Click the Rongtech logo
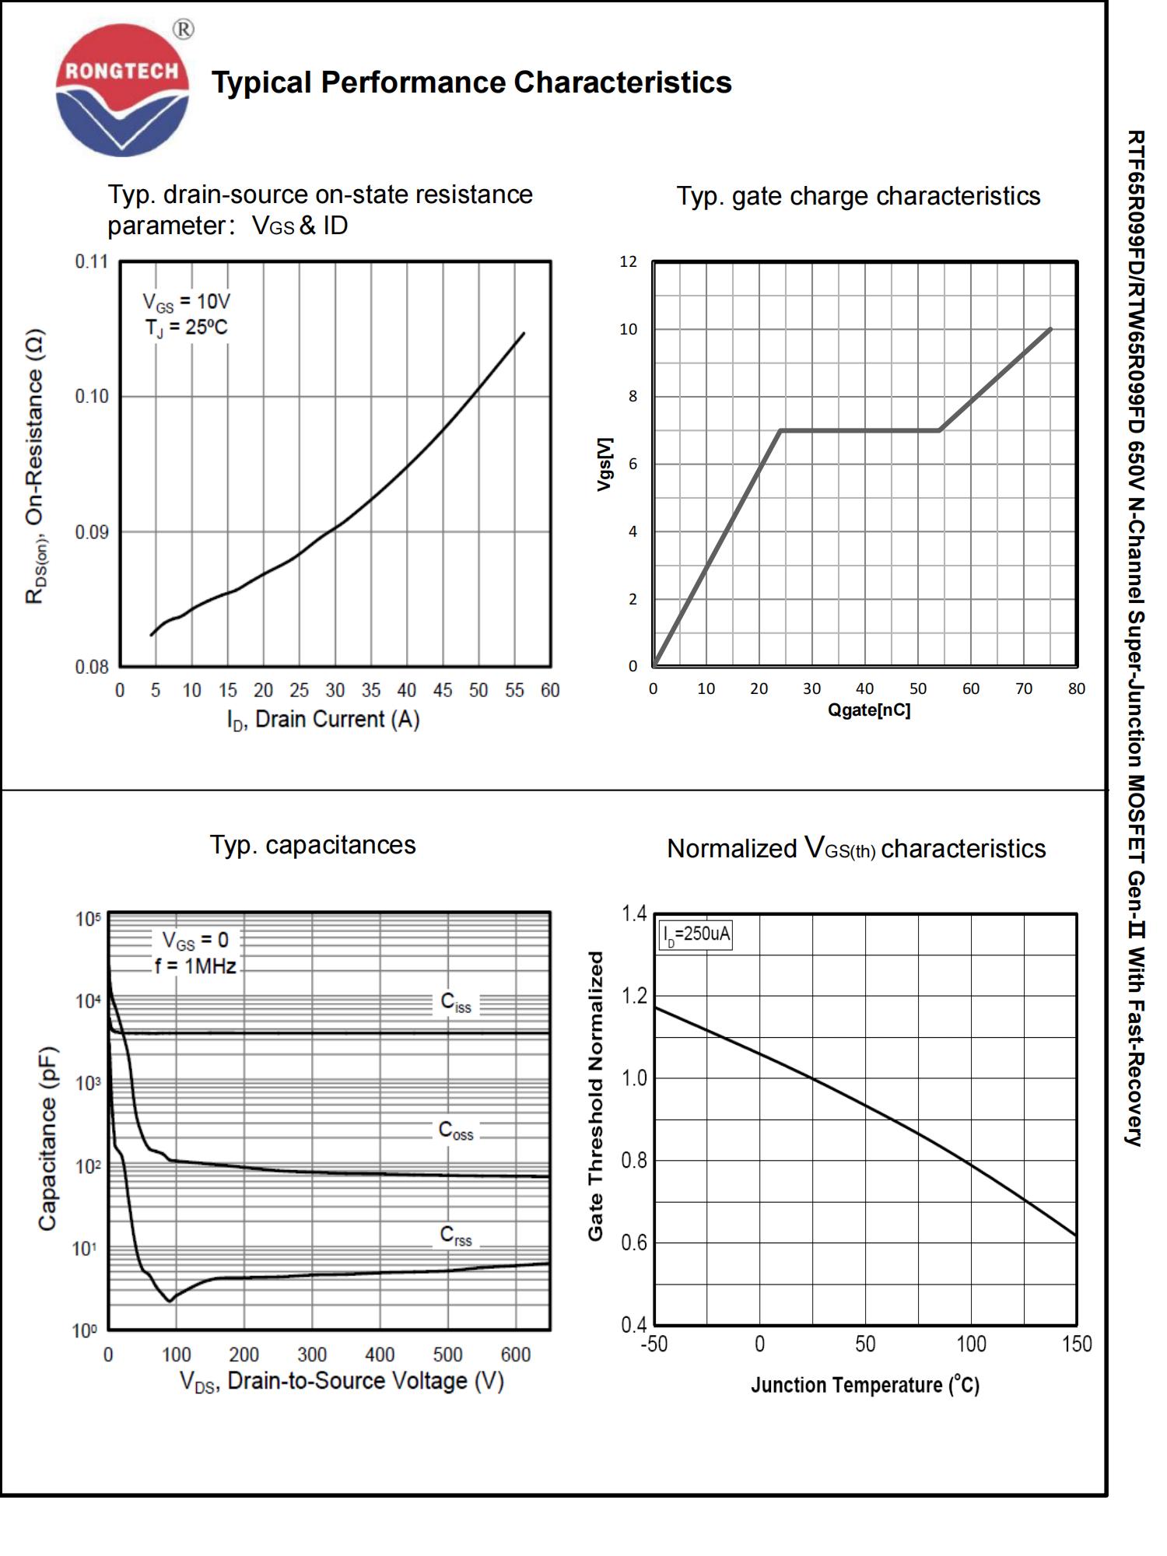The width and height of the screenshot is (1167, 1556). pos(123,89)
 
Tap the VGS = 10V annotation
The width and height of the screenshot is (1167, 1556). pos(186,302)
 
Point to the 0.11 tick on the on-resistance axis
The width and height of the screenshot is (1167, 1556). pos(92,261)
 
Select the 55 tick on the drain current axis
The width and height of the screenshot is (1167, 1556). pos(514,690)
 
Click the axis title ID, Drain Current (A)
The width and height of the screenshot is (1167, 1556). pos(323,720)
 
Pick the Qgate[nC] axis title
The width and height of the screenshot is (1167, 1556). pos(868,710)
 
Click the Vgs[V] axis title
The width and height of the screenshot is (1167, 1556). pos(605,464)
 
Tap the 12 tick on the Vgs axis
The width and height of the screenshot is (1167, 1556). pos(628,261)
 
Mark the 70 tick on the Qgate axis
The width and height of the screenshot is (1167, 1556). pos(1024,689)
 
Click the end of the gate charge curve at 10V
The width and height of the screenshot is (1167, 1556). pos(1051,329)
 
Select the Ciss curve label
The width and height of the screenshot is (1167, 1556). pos(456,1002)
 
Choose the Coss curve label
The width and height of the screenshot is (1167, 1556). pos(456,1130)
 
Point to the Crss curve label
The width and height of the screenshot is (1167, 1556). pos(456,1235)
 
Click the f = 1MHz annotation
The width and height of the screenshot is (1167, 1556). pos(195,966)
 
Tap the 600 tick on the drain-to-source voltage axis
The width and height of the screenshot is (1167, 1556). pos(516,1354)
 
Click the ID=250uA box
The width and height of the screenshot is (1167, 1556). pos(696,934)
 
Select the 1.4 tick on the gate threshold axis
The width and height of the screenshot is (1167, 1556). pos(634,913)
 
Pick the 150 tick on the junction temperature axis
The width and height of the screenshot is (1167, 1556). pos(1077,1344)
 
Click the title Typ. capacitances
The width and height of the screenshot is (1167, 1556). pos(313,845)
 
